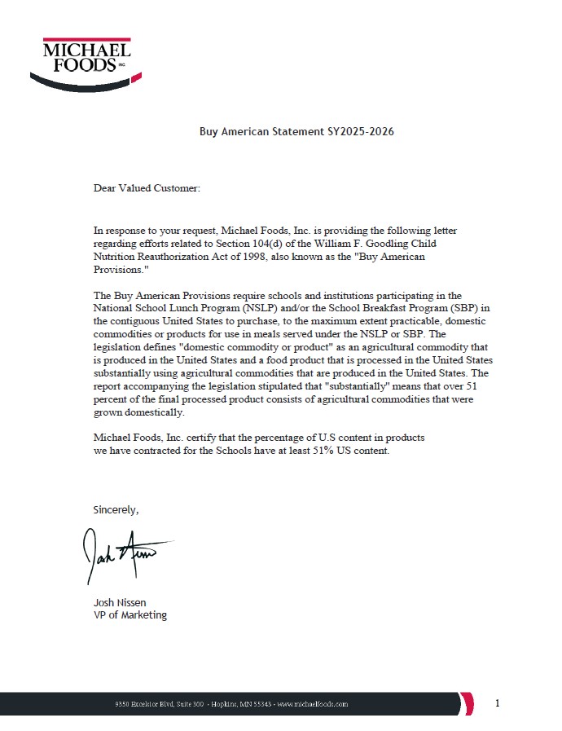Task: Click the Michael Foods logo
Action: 86,61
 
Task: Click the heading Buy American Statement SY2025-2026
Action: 296,131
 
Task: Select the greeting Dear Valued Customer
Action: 147,188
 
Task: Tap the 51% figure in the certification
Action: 325,451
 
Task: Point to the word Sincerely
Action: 116,510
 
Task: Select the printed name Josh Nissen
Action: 120,602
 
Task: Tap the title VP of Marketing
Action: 130,615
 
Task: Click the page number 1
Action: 498,702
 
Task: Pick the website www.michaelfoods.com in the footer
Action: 313,703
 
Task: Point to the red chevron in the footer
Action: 467,702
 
